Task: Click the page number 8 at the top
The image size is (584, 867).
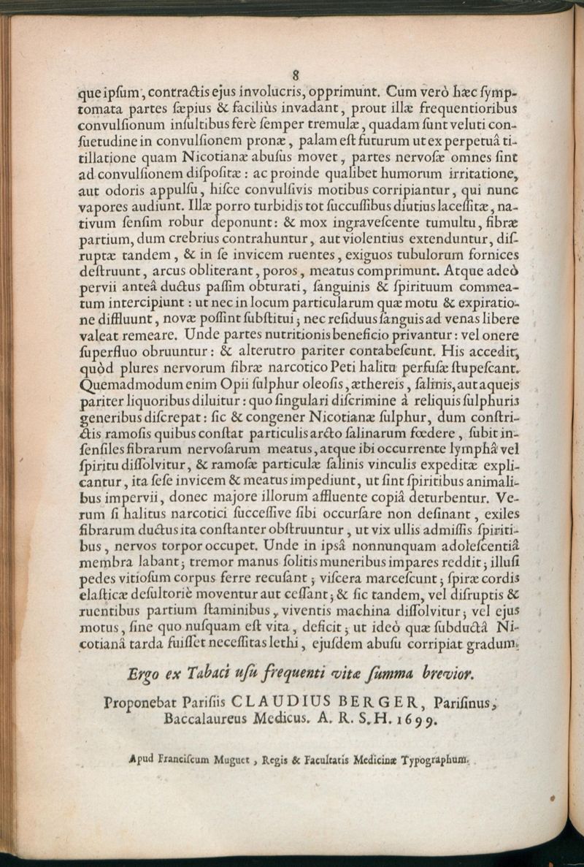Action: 296,75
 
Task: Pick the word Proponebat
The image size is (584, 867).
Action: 141,701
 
